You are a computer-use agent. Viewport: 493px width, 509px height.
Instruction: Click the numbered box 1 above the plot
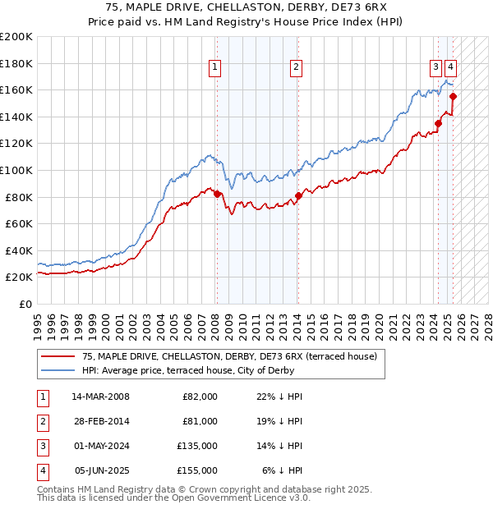tap(214, 68)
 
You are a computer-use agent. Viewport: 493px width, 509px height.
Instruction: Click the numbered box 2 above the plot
tap(296, 68)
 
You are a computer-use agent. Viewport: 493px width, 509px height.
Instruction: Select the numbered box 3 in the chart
tap(435, 68)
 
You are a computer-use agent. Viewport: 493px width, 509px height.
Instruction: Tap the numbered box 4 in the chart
tap(452, 68)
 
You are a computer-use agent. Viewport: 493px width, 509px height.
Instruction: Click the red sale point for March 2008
tap(217, 194)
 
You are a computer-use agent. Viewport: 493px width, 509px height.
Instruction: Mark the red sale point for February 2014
tap(298, 195)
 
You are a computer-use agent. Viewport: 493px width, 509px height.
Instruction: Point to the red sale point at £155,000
tap(454, 96)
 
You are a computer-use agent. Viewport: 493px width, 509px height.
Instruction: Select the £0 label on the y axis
tap(25, 304)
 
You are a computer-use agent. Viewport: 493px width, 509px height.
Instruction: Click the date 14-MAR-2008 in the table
tap(100, 397)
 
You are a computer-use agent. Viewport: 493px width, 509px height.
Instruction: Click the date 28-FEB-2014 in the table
tap(100, 421)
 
